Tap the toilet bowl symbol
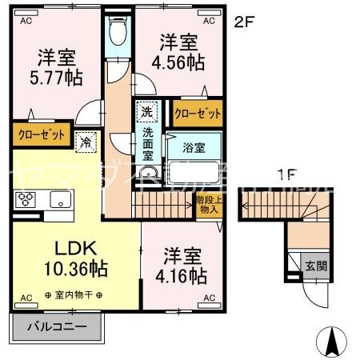point(118,31)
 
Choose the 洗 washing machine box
point(146,110)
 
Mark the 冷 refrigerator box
point(85,143)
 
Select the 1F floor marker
point(286,174)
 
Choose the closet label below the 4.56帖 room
point(197,114)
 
